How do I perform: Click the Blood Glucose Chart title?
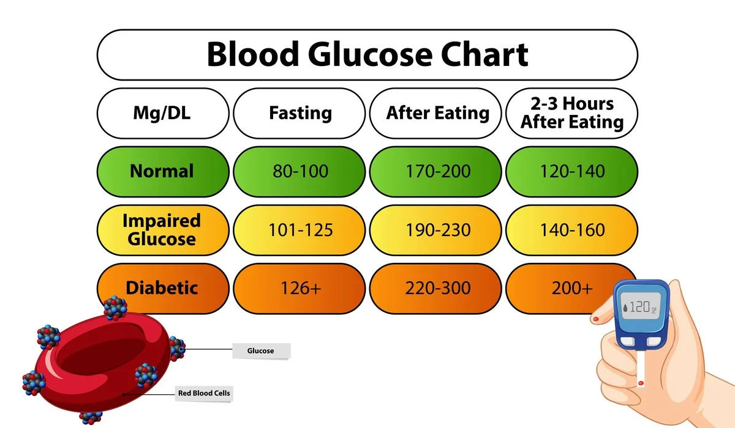coord(367,54)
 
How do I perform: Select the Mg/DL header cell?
coord(163,113)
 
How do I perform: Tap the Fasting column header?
coord(300,113)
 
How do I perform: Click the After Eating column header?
coord(437,113)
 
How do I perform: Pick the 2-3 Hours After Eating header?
coord(571,113)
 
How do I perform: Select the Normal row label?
coord(163,171)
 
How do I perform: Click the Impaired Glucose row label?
coord(163,229)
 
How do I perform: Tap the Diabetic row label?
coord(163,288)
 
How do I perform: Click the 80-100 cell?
coord(300,171)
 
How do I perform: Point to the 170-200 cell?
coord(437,171)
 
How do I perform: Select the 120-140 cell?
coord(571,171)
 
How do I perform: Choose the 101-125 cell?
coord(300,230)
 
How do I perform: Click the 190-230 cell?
coord(437,230)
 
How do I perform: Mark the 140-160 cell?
coord(571,230)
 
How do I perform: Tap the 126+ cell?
coord(300,288)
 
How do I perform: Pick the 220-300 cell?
coord(437,288)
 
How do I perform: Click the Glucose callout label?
coord(260,351)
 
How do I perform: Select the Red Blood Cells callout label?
coord(204,393)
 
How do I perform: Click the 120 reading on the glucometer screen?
coord(639,308)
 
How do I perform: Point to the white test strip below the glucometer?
coord(641,373)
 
